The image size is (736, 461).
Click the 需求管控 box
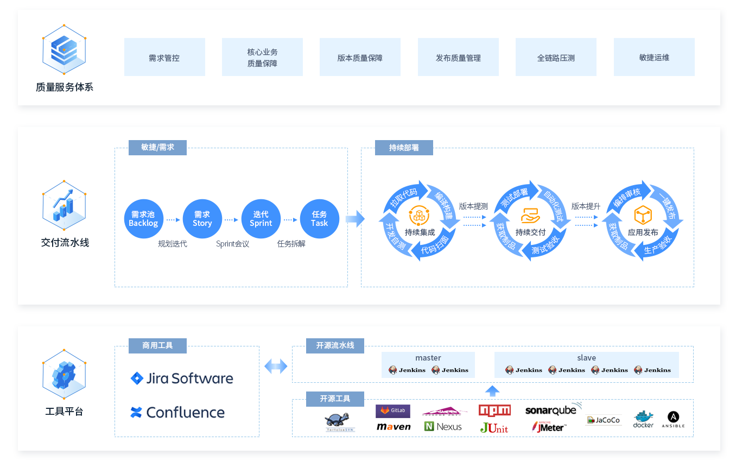pyautogui.click(x=164, y=57)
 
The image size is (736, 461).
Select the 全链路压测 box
pyautogui.click(x=556, y=57)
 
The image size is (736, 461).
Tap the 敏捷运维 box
pyautogui.click(x=654, y=57)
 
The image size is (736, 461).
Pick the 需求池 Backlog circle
pyautogui.click(x=144, y=219)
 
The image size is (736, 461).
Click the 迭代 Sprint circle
pyautogui.click(x=261, y=219)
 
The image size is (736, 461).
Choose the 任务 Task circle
pyautogui.click(x=319, y=219)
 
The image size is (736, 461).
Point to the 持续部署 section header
pyautogui.click(x=404, y=148)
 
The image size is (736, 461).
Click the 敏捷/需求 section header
pyautogui.click(x=157, y=148)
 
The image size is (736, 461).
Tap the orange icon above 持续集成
pyautogui.click(x=420, y=216)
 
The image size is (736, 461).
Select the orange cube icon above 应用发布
pyautogui.click(x=643, y=216)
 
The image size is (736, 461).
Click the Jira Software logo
pyautogui.click(x=182, y=378)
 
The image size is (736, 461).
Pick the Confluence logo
pyautogui.click(x=177, y=413)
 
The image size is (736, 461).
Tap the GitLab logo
pyautogui.click(x=393, y=411)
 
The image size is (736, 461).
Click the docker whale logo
pyautogui.click(x=643, y=419)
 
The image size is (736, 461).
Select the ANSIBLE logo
pyautogui.click(x=673, y=420)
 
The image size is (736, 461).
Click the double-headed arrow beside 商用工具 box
pyautogui.click(x=276, y=367)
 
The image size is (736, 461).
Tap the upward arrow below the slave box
pyautogui.click(x=492, y=390)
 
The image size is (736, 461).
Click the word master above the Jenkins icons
pyautogui.click(x=428, y=358)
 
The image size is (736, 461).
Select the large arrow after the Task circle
pyautogui.click(x=355, y=219)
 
